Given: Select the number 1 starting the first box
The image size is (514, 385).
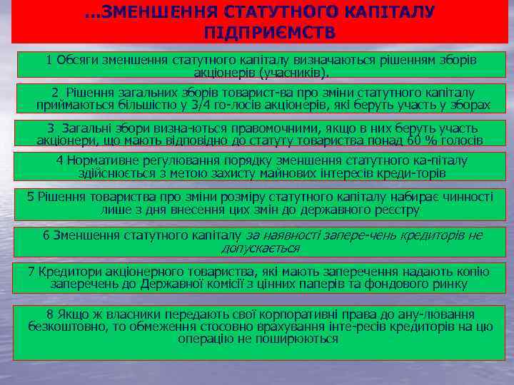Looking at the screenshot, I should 49,60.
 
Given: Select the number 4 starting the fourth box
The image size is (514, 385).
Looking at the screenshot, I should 59,160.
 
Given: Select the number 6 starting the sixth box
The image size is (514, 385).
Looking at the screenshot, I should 46,235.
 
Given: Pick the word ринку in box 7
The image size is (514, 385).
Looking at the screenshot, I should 450,284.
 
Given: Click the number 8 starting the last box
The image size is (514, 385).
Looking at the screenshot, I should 49,314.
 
